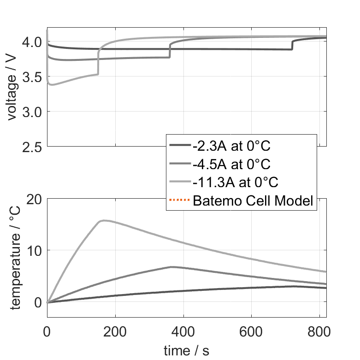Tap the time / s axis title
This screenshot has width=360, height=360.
click(186, 351)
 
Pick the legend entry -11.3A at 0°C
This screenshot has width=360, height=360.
click(235, 182)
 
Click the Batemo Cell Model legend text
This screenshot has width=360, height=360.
click(253, 201)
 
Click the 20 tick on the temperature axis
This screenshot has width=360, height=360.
click(34, 199)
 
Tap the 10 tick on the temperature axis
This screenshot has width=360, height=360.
click(34, 251)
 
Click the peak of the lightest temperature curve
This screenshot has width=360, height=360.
click(104, 220)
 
